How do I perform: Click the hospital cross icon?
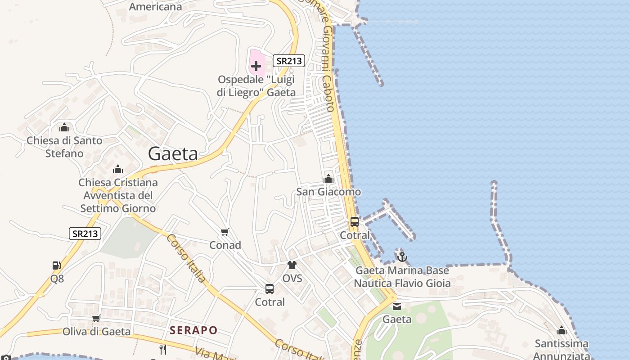(256, 67)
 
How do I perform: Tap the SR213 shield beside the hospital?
(289, 61)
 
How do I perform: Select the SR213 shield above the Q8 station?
(85, 234)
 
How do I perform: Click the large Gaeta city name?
(173, 154)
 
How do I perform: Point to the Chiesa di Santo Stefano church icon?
(64, 127)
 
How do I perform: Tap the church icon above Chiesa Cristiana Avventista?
(118, 170)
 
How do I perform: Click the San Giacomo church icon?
(328, 179)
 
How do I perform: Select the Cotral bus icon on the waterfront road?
(355, 222)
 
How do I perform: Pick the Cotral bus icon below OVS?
(270, 289)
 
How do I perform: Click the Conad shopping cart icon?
(225, 232)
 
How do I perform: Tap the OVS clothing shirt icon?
(292, 265)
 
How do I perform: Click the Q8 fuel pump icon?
(57, 265)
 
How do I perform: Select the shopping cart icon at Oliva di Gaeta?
(96, 319)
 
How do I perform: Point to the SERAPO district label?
(193, 330)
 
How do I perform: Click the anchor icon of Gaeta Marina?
(402, 257)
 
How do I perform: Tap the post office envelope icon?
(397, 306)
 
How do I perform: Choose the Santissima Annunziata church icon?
(561, 331)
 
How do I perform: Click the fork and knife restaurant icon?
(163, 349)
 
